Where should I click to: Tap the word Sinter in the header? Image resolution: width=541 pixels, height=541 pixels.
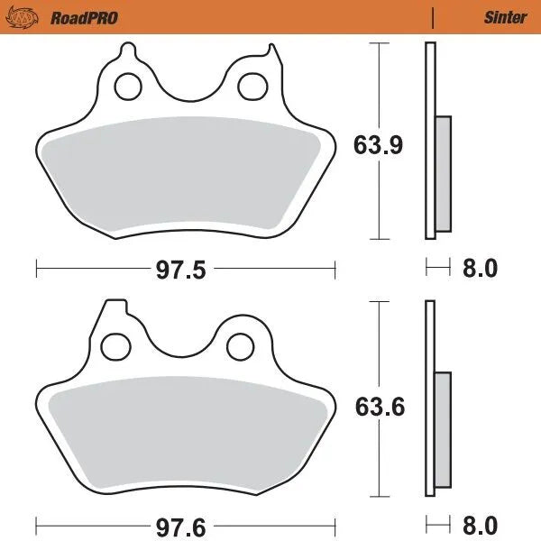[x=505, y=17]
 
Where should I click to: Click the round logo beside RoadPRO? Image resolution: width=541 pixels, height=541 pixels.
[x=32, y=16]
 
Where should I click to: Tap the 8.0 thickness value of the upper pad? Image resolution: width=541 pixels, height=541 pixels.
[x=478, y=269]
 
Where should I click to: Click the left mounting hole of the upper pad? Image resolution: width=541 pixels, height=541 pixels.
[x=128, y=87]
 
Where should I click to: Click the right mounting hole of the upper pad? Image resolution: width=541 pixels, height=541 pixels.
[x=249, y=87]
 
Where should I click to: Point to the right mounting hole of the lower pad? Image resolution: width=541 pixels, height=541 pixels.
[x=240, y=345]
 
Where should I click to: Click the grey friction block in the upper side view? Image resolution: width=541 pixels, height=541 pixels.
[x=443, y=174]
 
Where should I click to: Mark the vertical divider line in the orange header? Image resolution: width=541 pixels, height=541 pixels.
[x=433, y=17]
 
